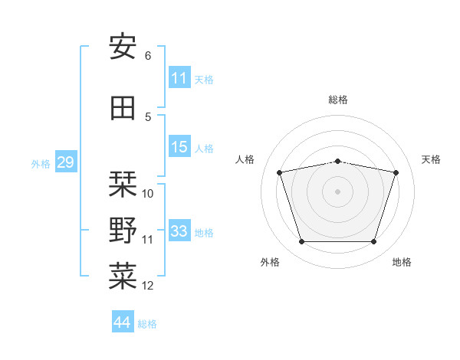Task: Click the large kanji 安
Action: (123, 46)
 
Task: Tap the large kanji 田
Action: (123, 108)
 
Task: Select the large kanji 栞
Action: (123, 184)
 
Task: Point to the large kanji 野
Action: (123, 230)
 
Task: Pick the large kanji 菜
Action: (123, 276)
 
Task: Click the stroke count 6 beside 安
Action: (148, 56)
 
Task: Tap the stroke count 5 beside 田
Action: (148, 117)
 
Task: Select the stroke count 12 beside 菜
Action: (147, 286)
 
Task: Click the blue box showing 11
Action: (179, 77)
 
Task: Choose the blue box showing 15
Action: (179, 146)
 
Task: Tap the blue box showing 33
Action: (179, 230)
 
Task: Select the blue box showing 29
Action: (66, 162)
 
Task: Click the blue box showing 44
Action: (123, 321)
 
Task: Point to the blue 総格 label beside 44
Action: (147, 324)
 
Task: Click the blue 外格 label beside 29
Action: (41, 164)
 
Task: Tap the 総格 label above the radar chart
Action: (338, 100)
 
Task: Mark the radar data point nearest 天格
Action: (396, 172)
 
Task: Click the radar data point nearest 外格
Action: (302, 241)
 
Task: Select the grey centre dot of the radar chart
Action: (337, 191)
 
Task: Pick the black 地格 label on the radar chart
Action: (402, 262)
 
